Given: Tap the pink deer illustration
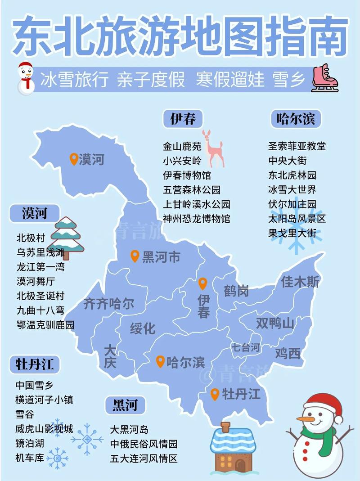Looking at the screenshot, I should (x=213, y=148).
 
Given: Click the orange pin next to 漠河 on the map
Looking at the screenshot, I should (x=74, y=159).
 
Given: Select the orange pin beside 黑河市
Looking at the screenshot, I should (x=135, y=256).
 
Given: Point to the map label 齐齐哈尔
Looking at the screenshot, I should (x=109, y=303).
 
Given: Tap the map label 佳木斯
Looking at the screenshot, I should (x=300, y=282).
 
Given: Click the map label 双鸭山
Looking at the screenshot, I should (x=275, y=323).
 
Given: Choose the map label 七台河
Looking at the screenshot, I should (x=246, y=347).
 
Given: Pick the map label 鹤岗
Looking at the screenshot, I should (x=236, y=291).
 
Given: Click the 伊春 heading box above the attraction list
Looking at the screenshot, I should (x=183, y=119).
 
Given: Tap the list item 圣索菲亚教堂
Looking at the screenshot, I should (x=297, y=146).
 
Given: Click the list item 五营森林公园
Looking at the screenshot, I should (x=192, y=190).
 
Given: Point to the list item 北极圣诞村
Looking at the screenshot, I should (x=40, y=296).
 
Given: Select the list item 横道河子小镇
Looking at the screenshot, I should (x=44, y=400).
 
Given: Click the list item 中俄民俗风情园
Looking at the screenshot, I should (x=144, y=444).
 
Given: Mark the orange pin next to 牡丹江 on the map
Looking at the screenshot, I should (x=215, y=394).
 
